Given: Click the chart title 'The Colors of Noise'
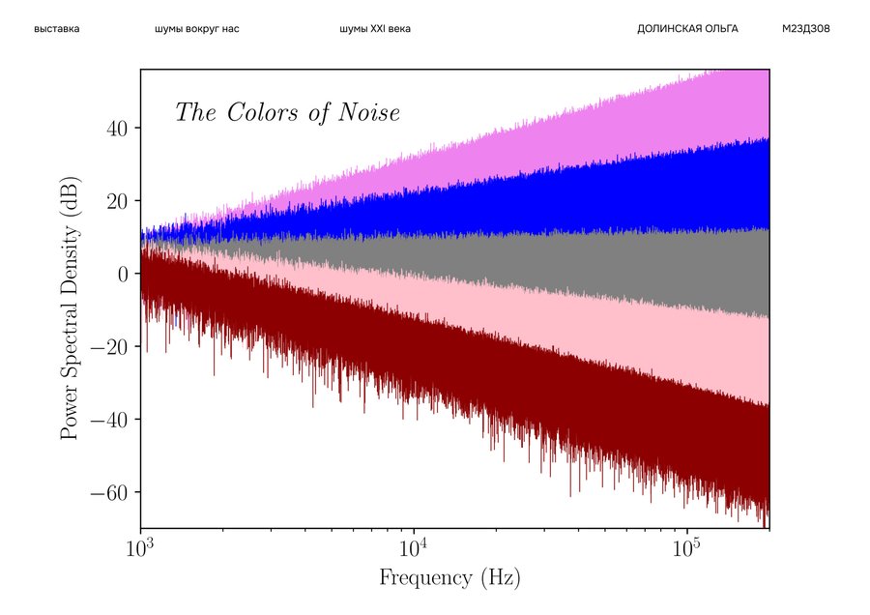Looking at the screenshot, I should pos(287,113).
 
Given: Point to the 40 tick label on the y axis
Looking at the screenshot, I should pos(119,128).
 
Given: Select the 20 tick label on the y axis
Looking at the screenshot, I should pos(119,201).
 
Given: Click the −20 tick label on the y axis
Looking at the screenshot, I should pos(113,347).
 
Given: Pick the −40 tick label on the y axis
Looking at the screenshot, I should pos(113,420).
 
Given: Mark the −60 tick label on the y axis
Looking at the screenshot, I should pos(113,493).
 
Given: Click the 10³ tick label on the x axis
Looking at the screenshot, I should pos(141,548).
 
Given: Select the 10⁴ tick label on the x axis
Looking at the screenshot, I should pos(414,548).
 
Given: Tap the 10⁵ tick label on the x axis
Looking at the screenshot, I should pos(687,548).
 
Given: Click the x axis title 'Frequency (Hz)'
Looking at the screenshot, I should pos(449,579).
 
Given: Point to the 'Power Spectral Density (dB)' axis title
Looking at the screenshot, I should pos(70,299).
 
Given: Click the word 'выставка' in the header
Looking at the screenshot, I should pos(56,29).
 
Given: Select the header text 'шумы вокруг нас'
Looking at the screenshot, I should pos(196,29).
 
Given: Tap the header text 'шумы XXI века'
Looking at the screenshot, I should pos(375,29).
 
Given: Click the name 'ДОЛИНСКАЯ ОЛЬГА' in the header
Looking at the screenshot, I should pos(687,29).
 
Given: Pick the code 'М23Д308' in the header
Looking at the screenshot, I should pos(805,29).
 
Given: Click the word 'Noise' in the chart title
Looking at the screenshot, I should pos(368,113).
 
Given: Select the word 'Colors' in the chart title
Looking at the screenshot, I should pos(259,113).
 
